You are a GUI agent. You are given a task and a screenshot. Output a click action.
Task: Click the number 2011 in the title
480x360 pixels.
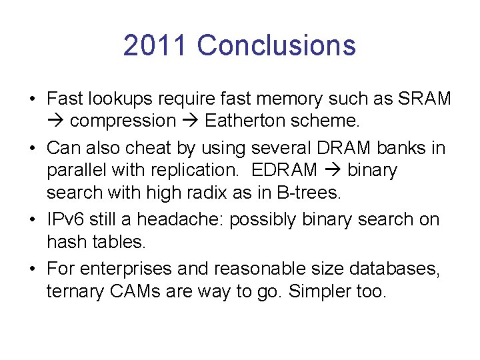tap(156, 45)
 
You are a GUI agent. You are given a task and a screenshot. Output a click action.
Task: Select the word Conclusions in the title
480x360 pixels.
tap(277, 45)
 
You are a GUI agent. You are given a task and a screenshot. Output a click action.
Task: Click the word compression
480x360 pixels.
tap(123, 121)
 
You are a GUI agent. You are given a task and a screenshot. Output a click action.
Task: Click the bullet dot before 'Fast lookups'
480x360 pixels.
tap(32, 99)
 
